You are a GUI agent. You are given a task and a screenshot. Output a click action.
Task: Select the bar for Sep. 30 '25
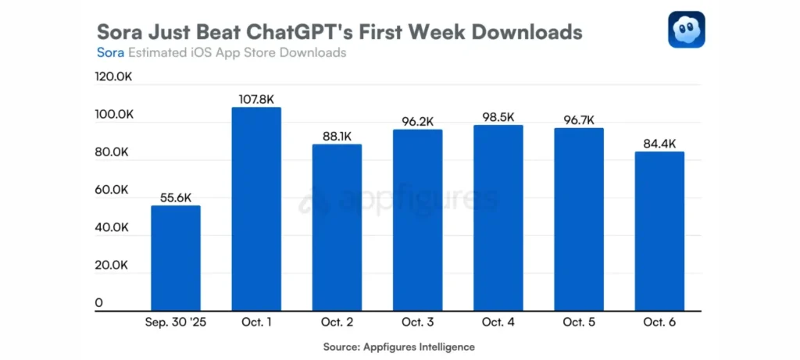(x=176, y=258)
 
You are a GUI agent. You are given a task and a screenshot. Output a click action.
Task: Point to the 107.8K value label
(x=256, y=99)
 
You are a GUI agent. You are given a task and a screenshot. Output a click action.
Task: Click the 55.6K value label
(x=176, y=198)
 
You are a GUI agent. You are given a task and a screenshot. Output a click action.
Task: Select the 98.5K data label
(x=498, y=117)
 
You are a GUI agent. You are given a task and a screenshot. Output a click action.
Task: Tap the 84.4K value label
(x=659, y=144)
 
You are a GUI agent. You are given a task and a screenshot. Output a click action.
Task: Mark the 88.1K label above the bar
(x=337, y=137)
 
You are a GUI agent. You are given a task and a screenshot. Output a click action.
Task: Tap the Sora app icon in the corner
(x=686, y=29)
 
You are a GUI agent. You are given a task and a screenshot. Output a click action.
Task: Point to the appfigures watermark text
(x=406, y=201)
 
